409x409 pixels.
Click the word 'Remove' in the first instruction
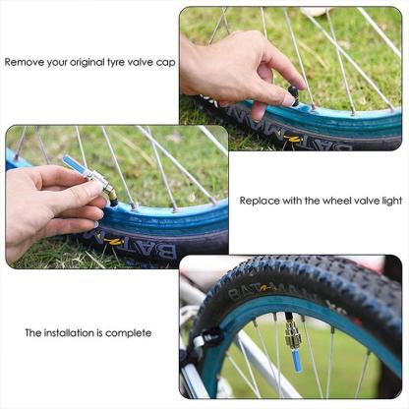coord(25,62)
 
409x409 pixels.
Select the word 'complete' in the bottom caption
coord(130,333)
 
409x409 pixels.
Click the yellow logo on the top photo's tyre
coord(292,140)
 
